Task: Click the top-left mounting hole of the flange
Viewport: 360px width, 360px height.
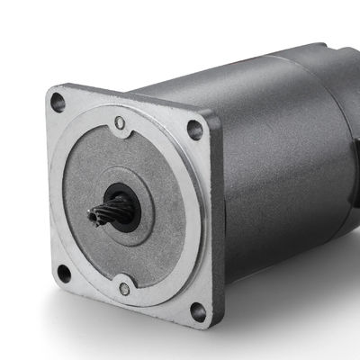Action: [58, 103]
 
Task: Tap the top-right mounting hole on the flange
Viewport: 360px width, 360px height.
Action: [193, 129]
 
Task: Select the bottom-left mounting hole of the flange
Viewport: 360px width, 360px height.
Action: [63, 272]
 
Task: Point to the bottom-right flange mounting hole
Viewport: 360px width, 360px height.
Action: [197, 312]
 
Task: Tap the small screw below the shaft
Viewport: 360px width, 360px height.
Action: [125, 289]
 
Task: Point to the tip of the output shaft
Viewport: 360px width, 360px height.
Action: [92, 216]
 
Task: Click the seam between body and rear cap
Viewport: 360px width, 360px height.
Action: [311, 81]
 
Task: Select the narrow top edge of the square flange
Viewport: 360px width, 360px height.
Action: [135, 97]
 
